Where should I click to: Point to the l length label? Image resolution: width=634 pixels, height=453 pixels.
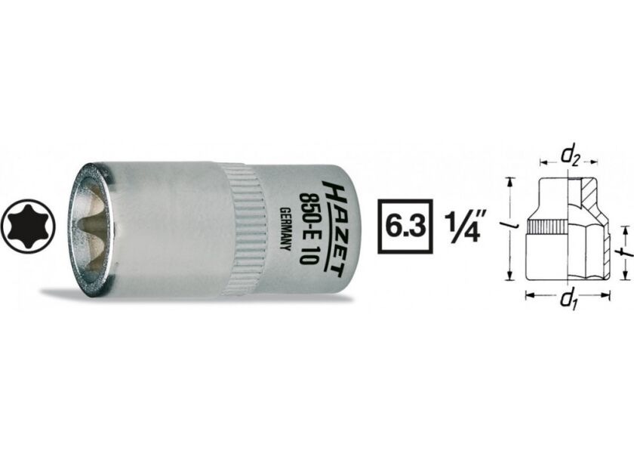[511, 229]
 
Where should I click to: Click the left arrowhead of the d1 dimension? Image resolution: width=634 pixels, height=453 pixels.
[528, 295]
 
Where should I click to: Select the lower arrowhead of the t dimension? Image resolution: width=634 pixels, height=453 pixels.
[622, 276]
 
